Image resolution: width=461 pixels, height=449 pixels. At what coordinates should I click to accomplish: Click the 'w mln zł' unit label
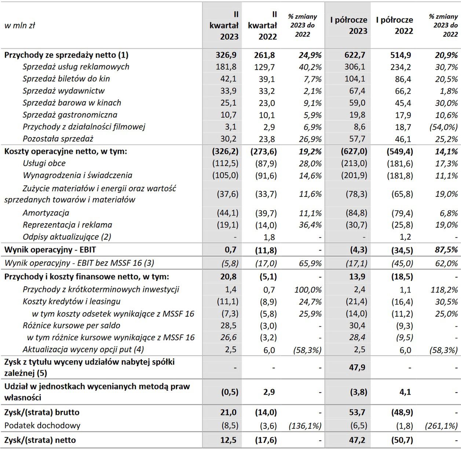[x=20, y=26]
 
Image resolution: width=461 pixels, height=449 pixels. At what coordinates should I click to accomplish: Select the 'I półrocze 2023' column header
[x=349, y=25]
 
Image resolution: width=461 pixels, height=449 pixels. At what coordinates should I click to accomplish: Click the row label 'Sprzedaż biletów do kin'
[x=66, y=79]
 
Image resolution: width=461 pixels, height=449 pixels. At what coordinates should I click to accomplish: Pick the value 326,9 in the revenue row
[x=226, y=55]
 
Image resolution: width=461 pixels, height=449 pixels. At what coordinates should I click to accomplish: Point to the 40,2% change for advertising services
[x=310, y=67]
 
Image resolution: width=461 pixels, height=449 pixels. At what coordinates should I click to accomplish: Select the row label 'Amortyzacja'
[x=46, y=213]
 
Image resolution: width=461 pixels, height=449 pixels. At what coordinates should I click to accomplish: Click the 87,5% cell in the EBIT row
[x=446, y=250]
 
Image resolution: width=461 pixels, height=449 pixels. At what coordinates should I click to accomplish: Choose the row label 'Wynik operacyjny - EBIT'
[x=50, y=250]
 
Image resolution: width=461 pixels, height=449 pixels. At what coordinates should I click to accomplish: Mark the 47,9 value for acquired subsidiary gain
[x=357, y=367]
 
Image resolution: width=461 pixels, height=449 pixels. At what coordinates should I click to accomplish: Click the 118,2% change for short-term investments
[x=444, y=290]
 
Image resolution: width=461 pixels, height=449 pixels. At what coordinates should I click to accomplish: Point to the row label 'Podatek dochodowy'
[x=42, y=426]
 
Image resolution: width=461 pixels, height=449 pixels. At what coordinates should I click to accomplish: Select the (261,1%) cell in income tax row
[x=441, y=426]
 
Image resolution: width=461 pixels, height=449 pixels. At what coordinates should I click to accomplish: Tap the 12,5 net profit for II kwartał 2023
[x=228, y=440]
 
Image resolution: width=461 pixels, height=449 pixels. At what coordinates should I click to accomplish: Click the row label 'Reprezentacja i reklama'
[x=67, y=225]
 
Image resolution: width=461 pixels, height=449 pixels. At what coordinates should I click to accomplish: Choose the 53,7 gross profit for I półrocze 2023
[x=357, y=412]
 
